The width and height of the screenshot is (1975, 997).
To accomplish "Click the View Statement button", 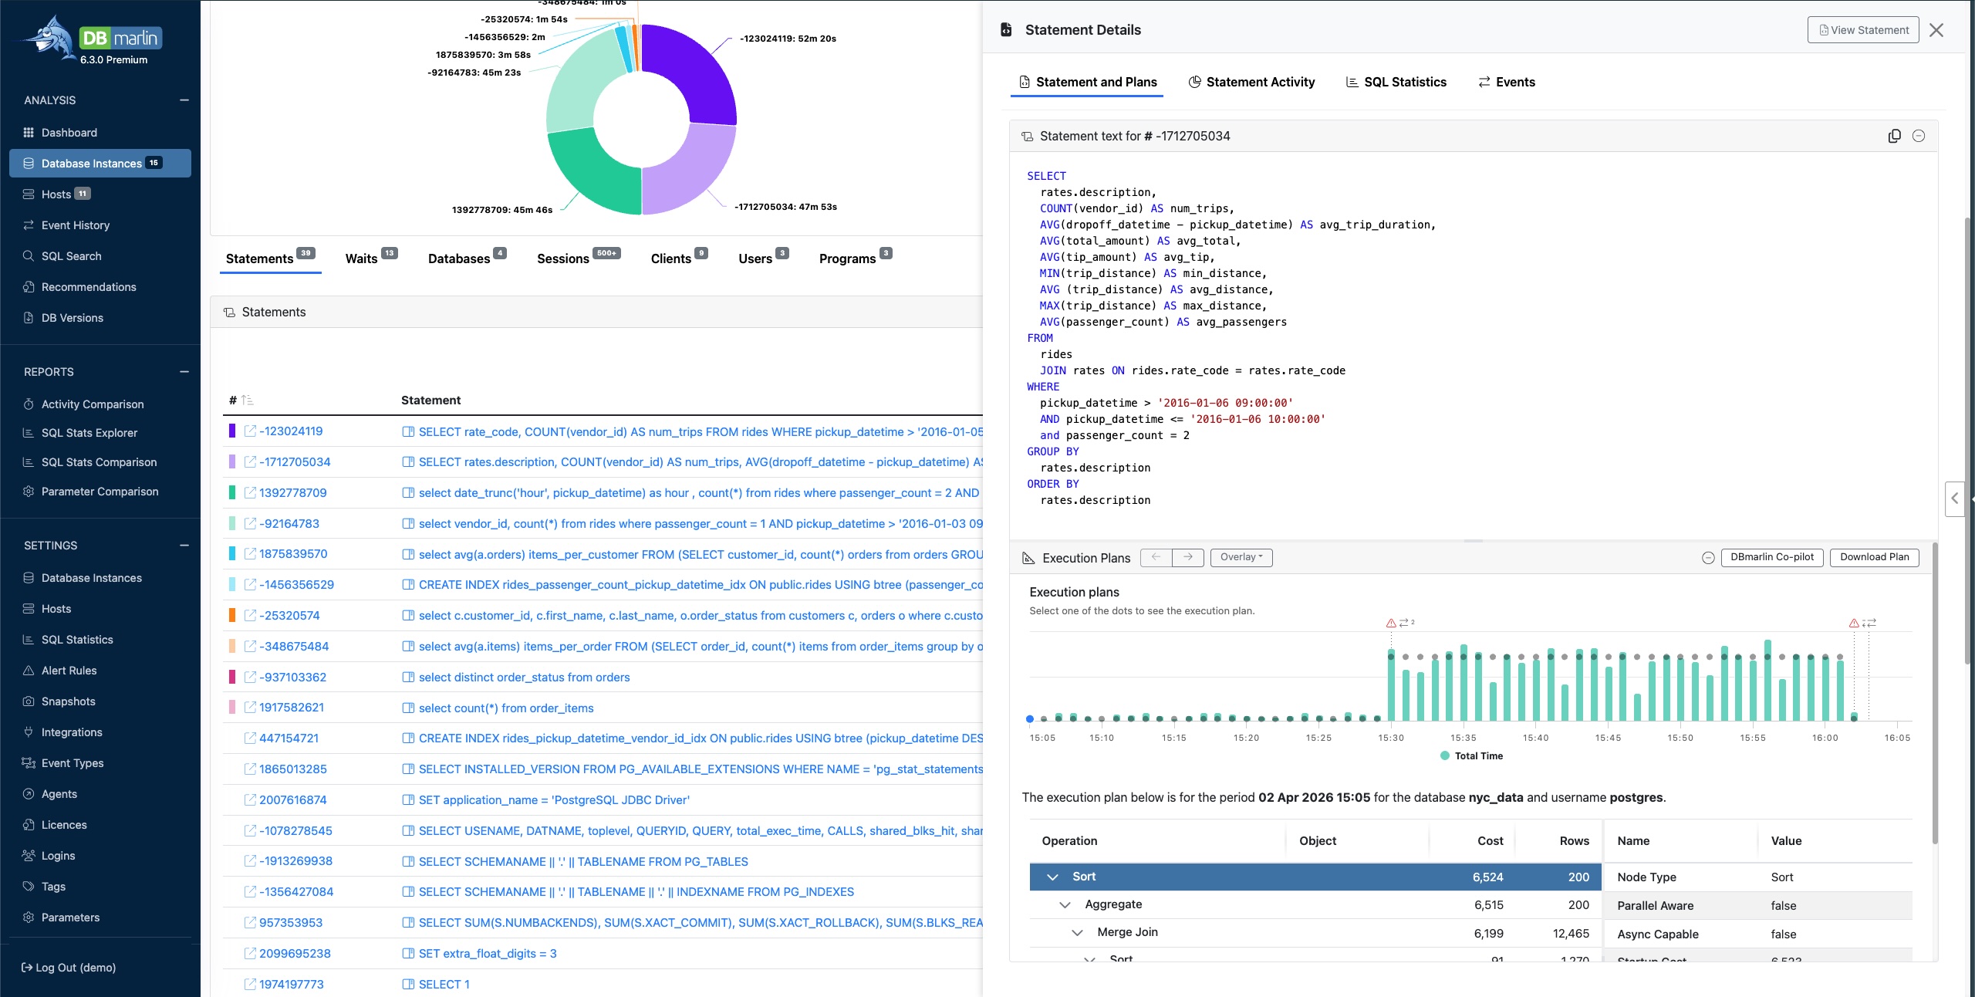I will click(1862, 30).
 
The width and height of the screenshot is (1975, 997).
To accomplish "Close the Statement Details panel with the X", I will click(1936, 30).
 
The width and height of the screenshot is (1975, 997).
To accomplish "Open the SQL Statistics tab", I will click(1396, 82).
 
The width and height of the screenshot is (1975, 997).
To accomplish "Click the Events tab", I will click(1506, 82).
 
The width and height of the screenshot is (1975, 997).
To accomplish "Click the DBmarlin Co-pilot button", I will click(1771, 557).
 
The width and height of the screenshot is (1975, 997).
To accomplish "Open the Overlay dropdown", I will click(1241, 557).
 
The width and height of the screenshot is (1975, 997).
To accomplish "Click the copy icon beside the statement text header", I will click(1894, 136).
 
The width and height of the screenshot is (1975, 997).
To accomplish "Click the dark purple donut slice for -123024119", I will click(694, 69).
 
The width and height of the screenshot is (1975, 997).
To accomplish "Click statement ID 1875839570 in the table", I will click(293, 554).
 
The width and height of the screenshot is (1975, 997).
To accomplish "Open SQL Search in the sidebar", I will click(71, 256).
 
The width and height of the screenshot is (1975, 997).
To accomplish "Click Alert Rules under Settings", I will click(69, 671).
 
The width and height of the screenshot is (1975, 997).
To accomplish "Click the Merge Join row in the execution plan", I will click(1127, 932).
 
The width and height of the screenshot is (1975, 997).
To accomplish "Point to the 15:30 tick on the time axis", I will click(1391, 738).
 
